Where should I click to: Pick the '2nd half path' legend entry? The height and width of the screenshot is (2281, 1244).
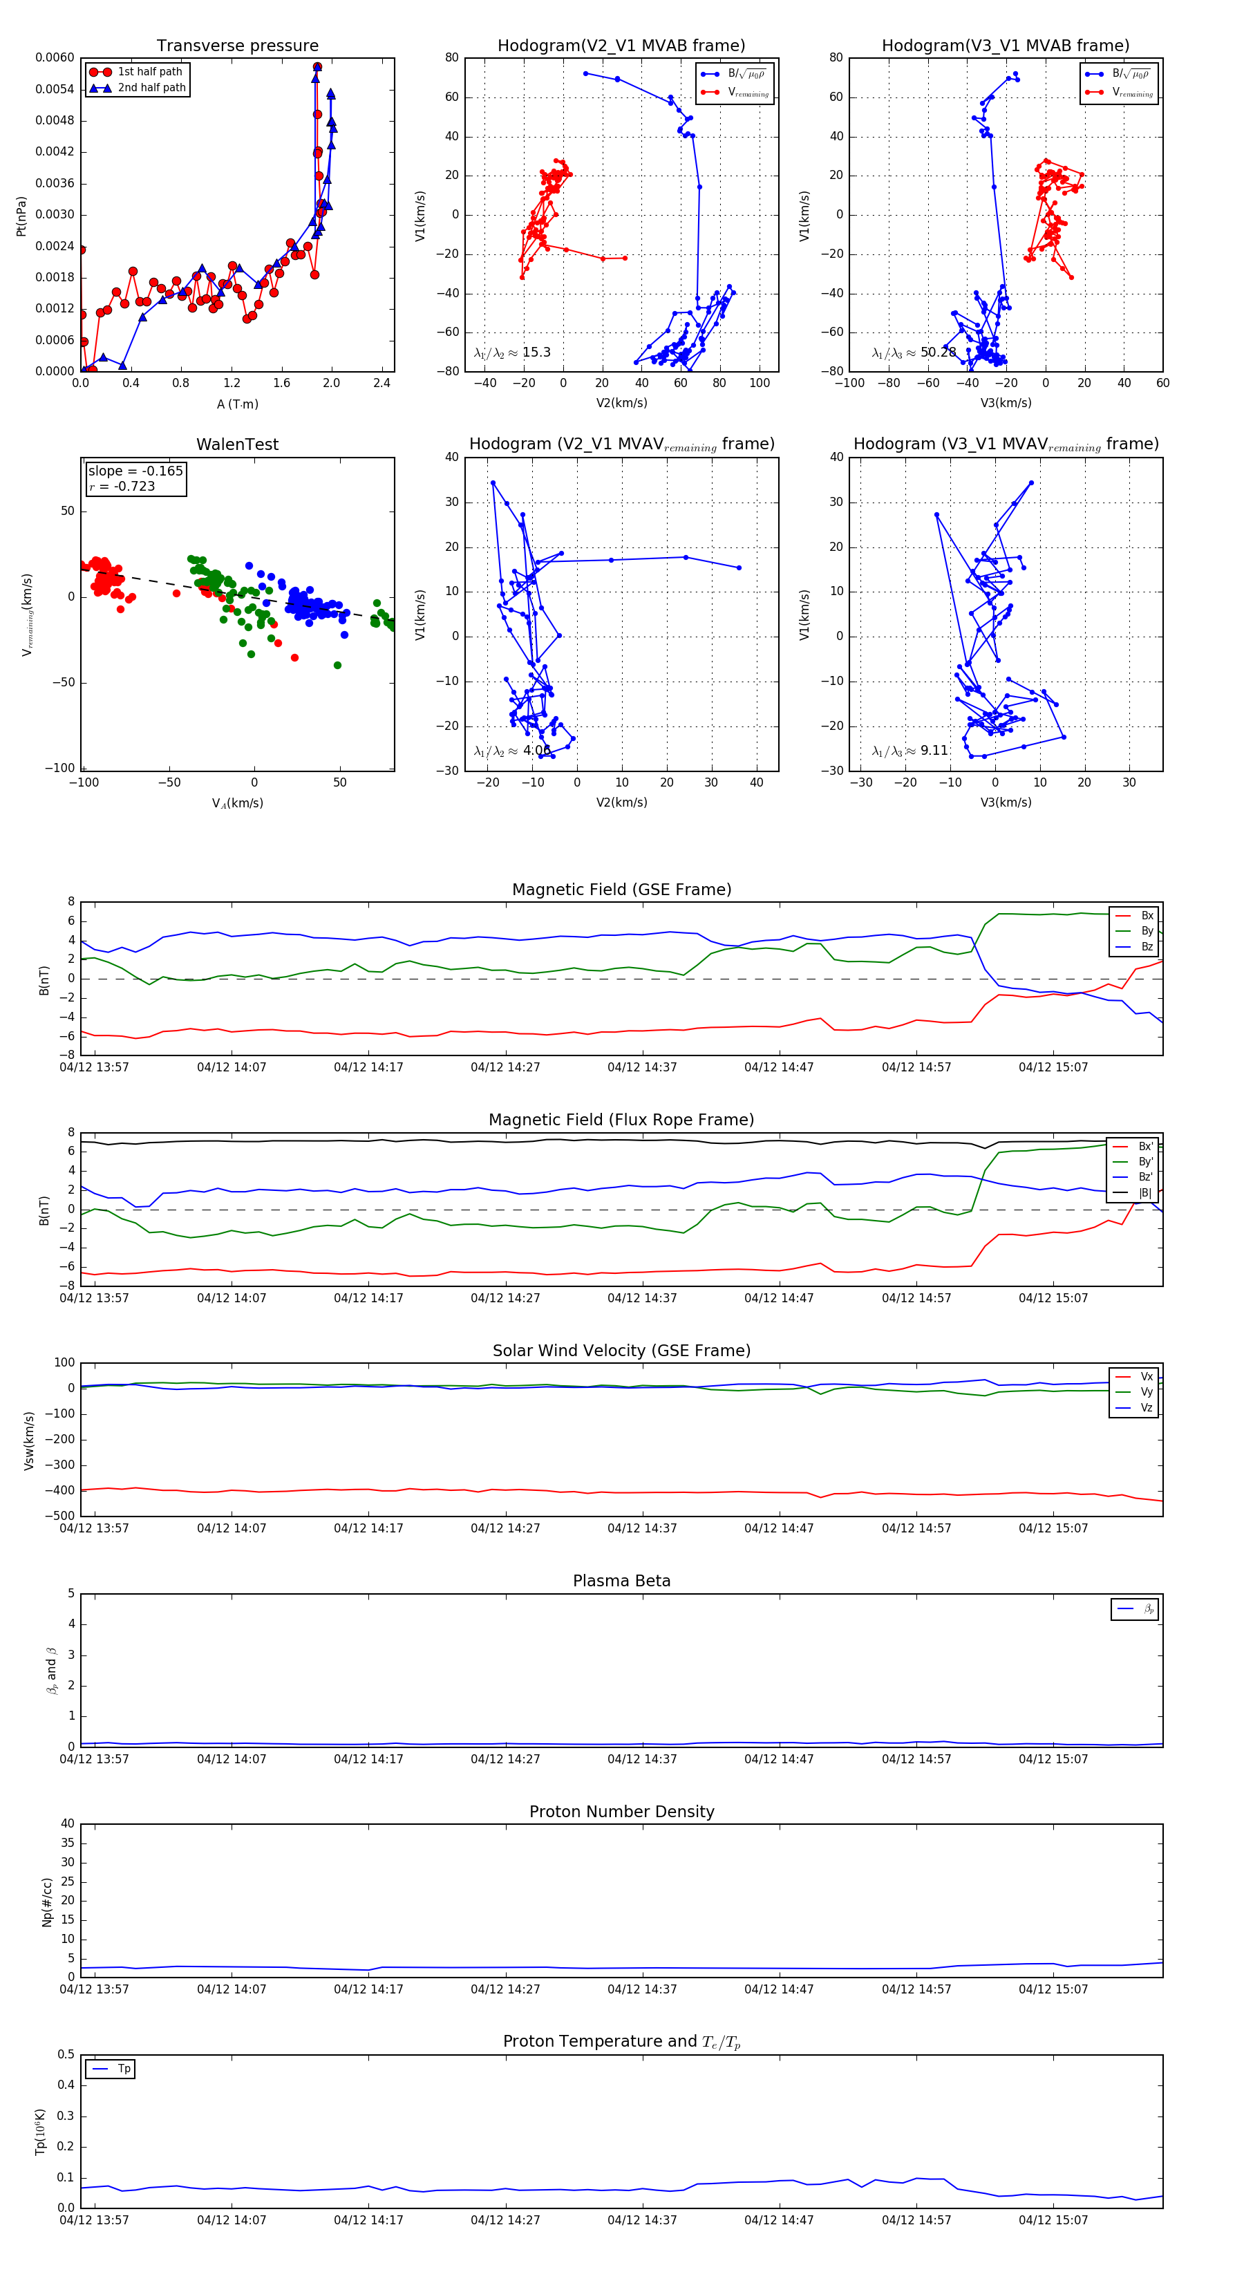point(151,88)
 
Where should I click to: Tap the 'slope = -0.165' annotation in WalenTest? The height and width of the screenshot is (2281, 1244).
point(135,471)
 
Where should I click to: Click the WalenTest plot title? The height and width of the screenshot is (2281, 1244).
point(237,444)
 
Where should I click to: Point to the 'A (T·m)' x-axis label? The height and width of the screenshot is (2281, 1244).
point(237,404)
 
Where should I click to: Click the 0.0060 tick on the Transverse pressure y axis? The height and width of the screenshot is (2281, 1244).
point(55,57)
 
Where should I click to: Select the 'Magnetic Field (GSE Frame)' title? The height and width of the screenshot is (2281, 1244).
point(621,890)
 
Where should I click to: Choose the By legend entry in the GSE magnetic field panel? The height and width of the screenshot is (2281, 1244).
point(1147,930)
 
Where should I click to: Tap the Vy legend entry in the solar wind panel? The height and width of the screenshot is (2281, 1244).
point(1146,1392)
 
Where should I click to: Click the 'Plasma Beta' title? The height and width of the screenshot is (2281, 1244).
point(621,1581)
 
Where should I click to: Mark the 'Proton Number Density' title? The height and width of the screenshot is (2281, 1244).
point(621,1812)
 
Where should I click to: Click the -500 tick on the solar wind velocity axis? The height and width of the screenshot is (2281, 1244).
point(62,1516)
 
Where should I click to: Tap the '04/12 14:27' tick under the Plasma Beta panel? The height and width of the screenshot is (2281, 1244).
point(505,1759)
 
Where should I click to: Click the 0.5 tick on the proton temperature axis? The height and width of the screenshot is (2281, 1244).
point(66,2054)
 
